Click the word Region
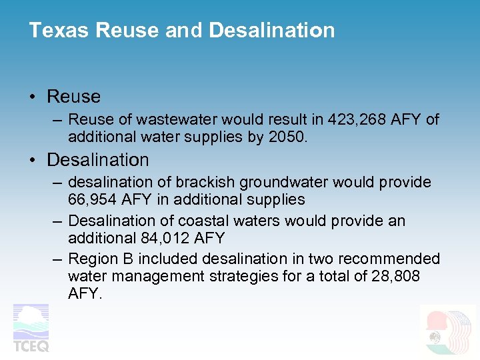click(93, 259)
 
